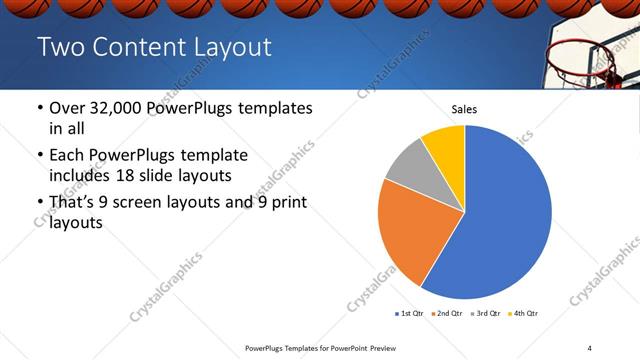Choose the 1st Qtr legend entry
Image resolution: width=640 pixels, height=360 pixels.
409,314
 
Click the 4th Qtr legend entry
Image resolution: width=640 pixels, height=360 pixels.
525,314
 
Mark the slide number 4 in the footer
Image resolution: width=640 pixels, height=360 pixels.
590,347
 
